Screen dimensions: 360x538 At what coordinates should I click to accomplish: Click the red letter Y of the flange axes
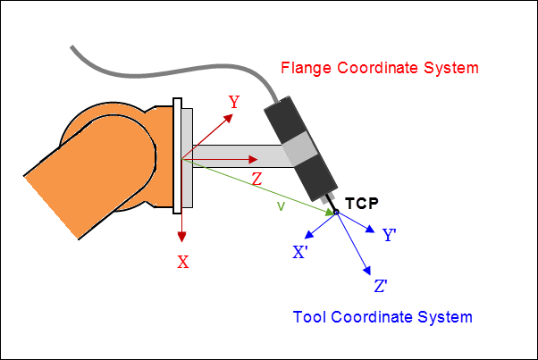coord(234,102)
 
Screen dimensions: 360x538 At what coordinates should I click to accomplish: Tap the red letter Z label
coord(256,180)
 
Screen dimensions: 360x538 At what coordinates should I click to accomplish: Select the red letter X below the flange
coord(182,262)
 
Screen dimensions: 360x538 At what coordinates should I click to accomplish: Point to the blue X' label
coord(301,253)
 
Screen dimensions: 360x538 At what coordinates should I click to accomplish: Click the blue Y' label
coord(390,236)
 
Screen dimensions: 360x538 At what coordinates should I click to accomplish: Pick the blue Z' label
coord(380,287)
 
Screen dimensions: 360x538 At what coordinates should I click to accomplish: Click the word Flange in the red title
coord(307,68)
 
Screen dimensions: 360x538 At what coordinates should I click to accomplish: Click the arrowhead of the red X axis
coord(182,236)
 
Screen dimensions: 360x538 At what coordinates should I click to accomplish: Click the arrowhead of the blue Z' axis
coord(366,270)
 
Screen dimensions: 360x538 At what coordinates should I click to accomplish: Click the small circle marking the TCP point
coord(336,213)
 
